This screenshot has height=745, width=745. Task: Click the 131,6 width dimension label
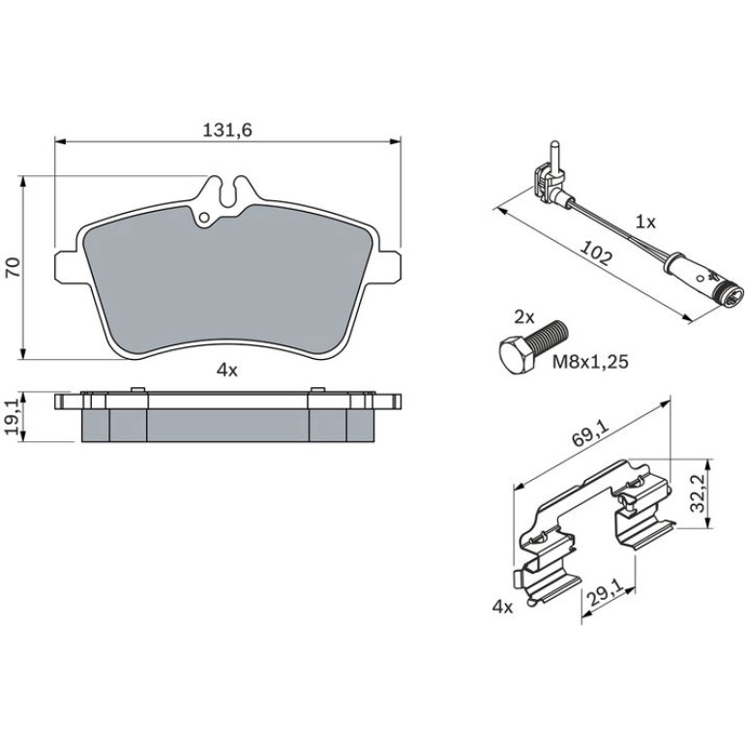pyautogui.click(x=227, y=131)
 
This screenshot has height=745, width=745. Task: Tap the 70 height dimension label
pyautogui.click(x=13, y=267)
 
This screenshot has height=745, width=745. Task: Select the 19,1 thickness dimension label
pyautogui.click(x=13, y=417)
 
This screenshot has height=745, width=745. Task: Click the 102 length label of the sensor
pyautogui.click(x=597, y=254)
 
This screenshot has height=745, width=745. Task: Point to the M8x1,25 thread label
pyautogui.click(x=590, y=362)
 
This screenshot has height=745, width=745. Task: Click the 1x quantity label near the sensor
pyautogui.click(x=645, y=222)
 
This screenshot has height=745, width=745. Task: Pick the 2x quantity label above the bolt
pyautogui.click(x=524, y=317)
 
